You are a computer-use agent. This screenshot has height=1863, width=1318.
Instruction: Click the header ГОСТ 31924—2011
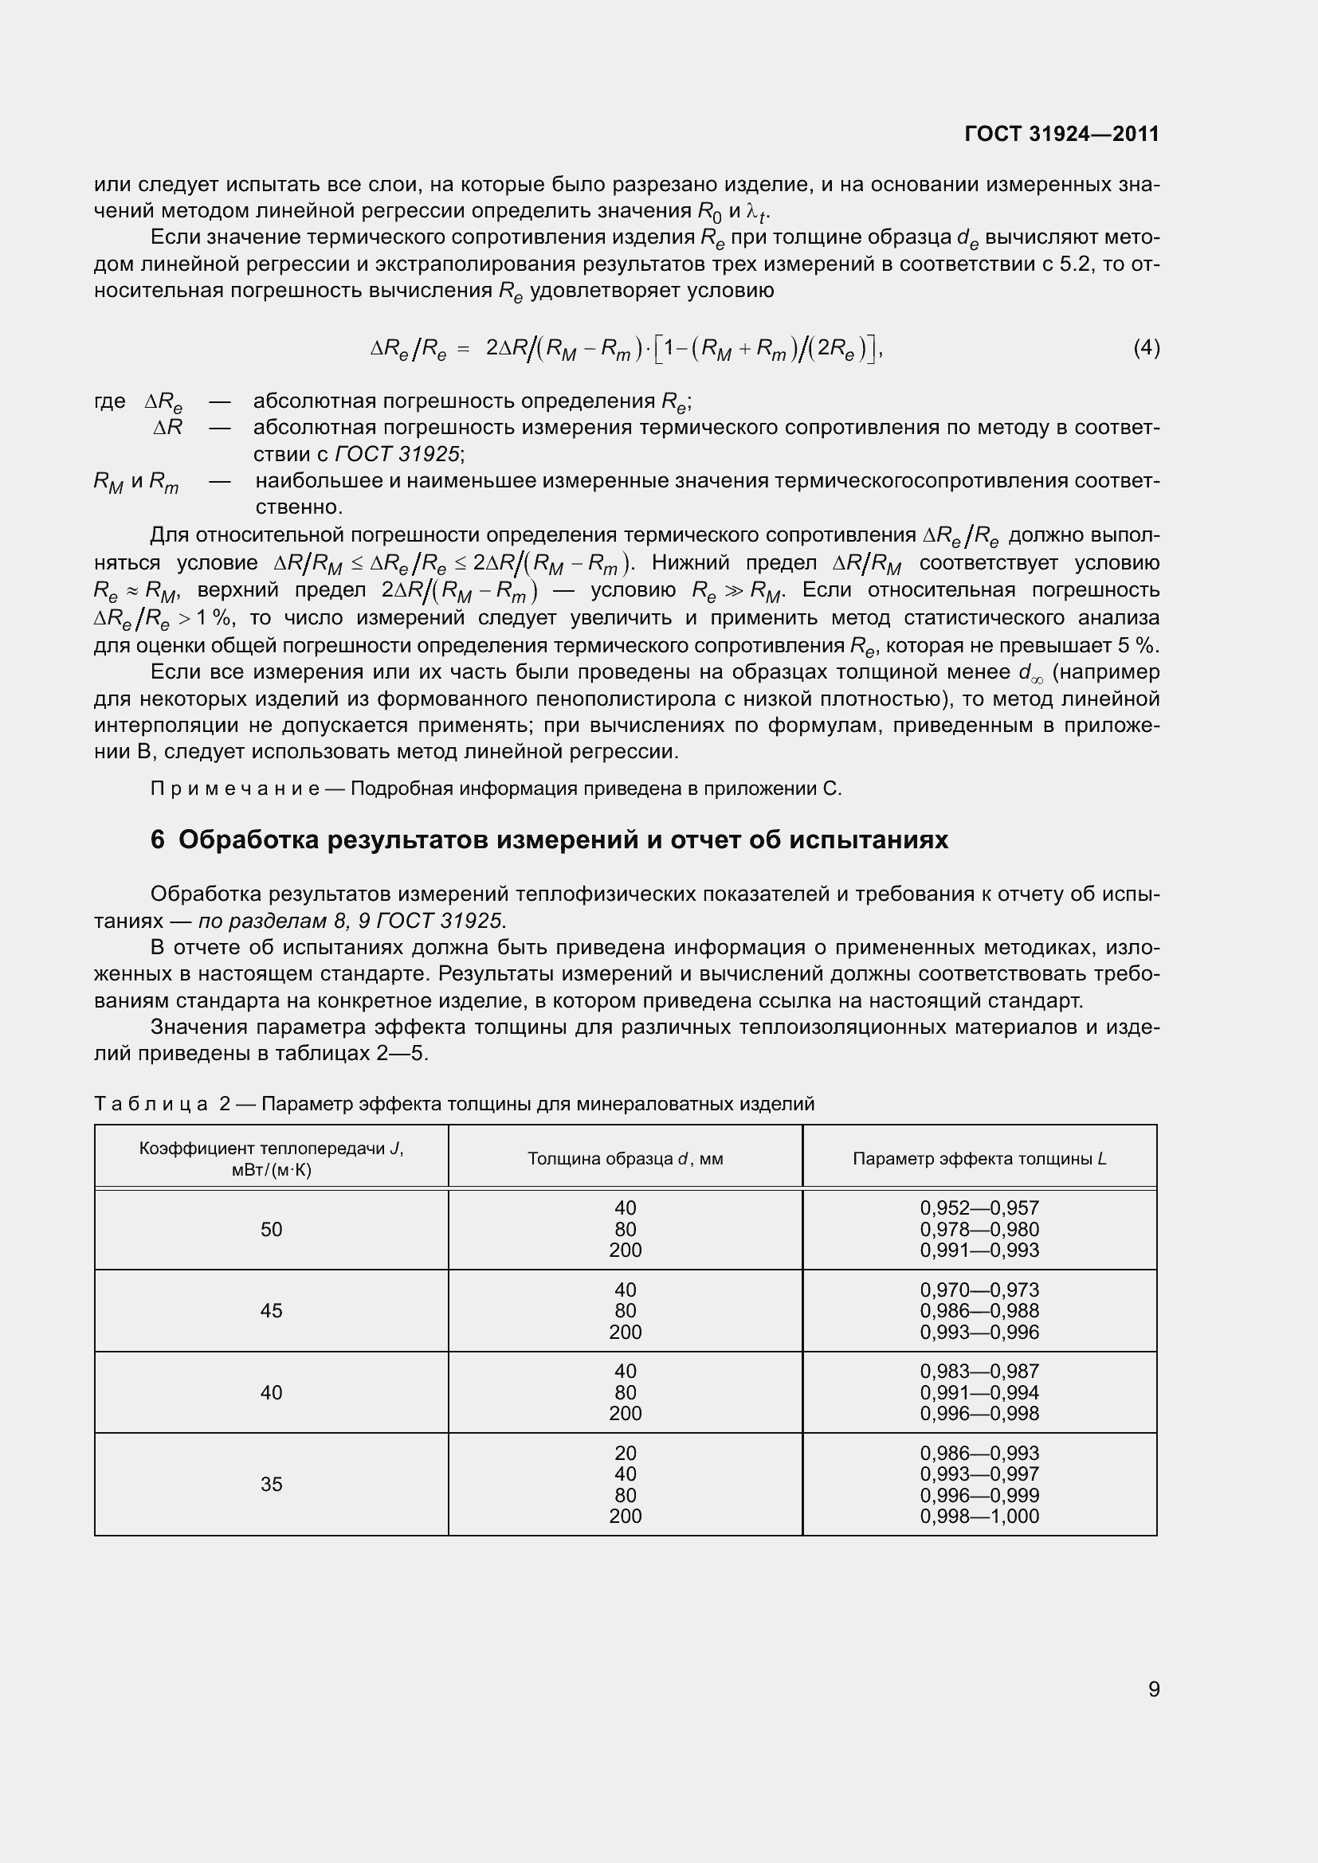tap(1061, 134)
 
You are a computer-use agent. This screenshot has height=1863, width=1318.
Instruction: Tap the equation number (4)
tap(1146, 347)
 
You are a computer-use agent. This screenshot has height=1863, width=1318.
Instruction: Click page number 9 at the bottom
tap(1153, 1689)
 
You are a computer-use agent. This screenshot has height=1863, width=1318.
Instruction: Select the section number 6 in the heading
tap(158, 840)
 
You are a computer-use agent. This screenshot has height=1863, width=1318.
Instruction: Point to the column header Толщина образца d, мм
tap(625, 1159)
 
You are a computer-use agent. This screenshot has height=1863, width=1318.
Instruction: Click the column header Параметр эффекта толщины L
tap(979, 1159)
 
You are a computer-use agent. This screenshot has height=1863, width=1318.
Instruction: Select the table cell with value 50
tap(271, 1229)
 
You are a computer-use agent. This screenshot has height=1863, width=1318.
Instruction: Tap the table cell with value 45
tap(271, 1310)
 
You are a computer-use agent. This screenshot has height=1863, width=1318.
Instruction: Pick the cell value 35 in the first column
tap(271, 1484)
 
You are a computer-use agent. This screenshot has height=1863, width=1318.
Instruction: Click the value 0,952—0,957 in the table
tap(979, 1208)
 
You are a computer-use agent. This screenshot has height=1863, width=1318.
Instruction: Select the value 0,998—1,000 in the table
tap(979, 1516)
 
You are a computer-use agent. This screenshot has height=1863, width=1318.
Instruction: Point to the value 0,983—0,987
tap(979, 1372)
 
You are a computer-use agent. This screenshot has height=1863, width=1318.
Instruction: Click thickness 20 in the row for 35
tap(625, 1454)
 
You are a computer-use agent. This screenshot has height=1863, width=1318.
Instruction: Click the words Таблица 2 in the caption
tap(163, 1103)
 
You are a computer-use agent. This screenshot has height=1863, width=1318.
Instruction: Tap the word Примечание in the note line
tap(234, 789)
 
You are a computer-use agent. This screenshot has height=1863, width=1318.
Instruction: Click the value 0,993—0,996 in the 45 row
tap(979, 1332)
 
